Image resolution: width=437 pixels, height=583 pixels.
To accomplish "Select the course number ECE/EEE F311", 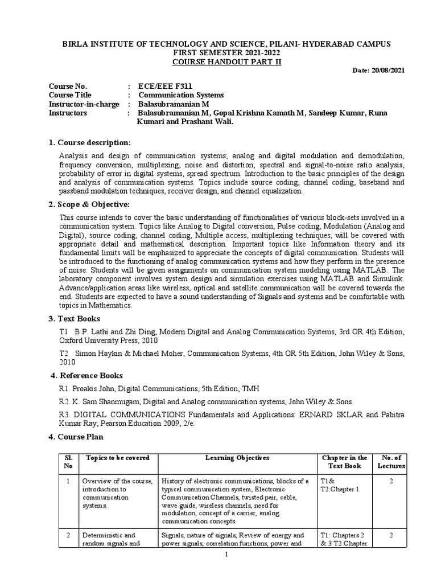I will click(x=162, y=86).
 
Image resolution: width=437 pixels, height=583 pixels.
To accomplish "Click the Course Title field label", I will click(x=70, y=95).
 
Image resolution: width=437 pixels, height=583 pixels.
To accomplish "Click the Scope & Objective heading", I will click(x=90, y=204).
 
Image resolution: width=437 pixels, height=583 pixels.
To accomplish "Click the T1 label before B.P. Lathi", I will click(x=63, y=332).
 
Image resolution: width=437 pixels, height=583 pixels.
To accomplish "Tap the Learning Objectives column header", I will click(x=238, y=458).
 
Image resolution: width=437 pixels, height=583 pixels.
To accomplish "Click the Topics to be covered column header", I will click(x=117, y=458).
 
